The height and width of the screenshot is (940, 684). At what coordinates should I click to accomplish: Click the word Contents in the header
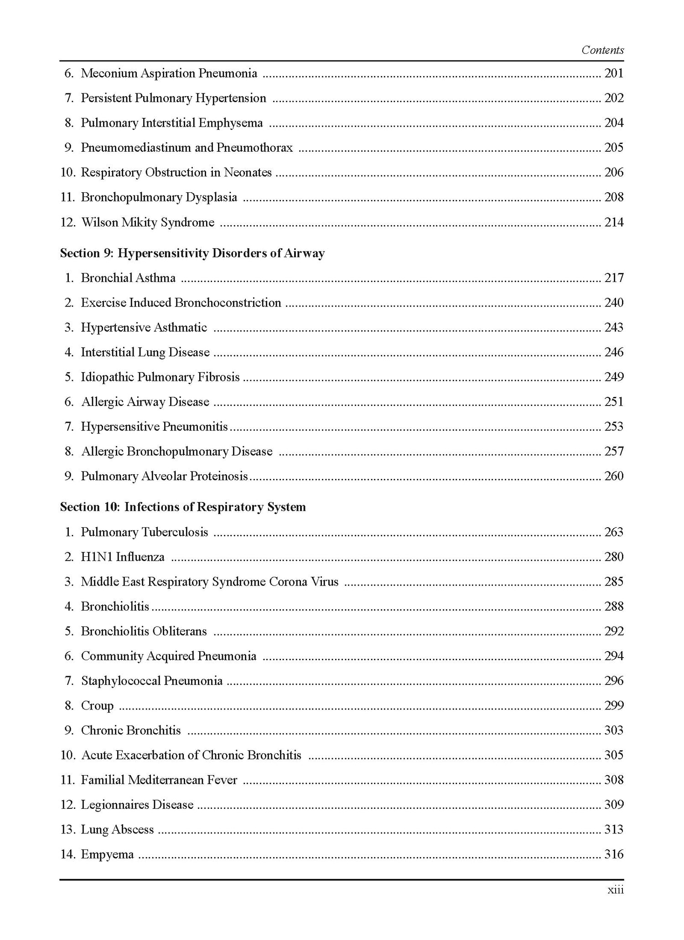602,50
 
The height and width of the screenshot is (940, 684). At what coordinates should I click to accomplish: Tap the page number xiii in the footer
615,890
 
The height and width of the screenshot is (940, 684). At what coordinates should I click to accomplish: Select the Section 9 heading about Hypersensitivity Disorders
192,253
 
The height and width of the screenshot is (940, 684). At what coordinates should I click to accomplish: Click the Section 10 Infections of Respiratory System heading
183,507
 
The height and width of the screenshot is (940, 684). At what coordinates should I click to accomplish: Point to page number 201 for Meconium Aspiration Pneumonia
614,73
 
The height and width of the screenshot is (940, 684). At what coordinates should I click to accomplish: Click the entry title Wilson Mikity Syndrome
148,222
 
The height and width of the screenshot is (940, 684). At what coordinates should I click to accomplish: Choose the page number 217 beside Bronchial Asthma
614,278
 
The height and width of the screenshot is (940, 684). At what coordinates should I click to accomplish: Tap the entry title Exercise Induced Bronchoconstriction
181,303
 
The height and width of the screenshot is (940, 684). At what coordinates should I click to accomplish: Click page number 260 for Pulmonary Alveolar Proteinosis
614,476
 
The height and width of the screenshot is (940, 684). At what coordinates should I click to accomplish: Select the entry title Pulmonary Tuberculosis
144,532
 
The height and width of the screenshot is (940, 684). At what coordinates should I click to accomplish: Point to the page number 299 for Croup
614,706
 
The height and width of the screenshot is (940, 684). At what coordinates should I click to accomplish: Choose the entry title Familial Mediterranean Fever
159,780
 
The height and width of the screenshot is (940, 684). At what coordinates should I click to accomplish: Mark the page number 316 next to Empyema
614,854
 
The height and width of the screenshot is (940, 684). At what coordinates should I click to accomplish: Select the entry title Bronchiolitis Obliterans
144,632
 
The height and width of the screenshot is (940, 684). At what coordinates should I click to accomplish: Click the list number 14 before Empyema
67,854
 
